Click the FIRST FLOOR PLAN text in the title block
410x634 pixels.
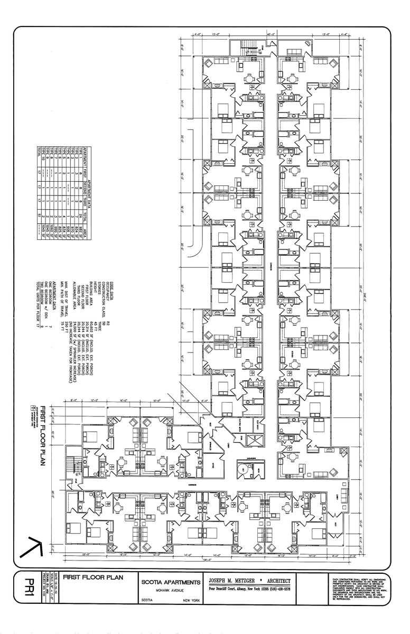pyautogui.click(x=93, y=577)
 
